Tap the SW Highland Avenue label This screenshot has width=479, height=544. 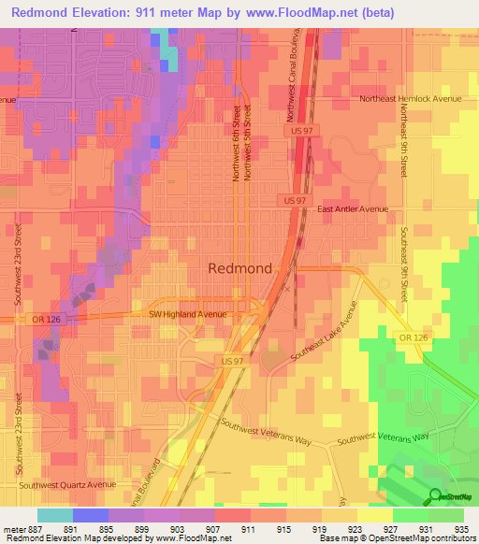[x=188, y=315]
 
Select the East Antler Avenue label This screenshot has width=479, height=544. [x=353, y=210]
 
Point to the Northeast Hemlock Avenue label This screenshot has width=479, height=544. [x=411, y=98]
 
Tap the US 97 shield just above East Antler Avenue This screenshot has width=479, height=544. [x=293, y=201]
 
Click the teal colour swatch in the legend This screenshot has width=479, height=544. [x=54, y=515]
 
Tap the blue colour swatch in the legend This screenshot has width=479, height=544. [x=90, y=515]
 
